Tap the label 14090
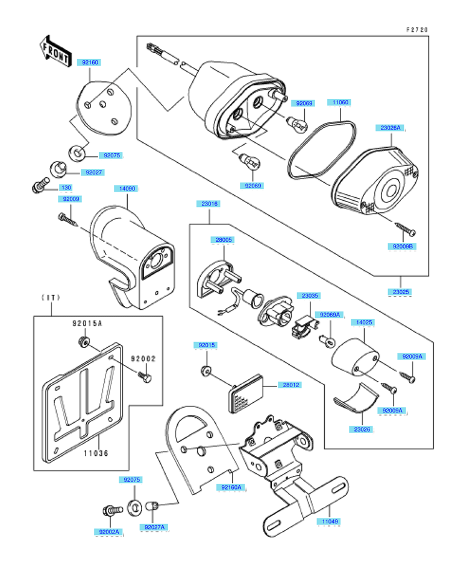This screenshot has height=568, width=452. (x=127, y=189)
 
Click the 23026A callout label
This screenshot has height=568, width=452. (x=390, y=128)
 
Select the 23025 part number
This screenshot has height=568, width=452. (x=401, y=292)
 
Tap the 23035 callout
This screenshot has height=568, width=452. (x=311, y=296)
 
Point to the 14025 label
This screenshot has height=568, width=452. (x=364, y=323)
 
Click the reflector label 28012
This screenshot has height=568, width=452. (x=288, y=385)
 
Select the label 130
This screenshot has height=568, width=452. (x=65, y=188)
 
